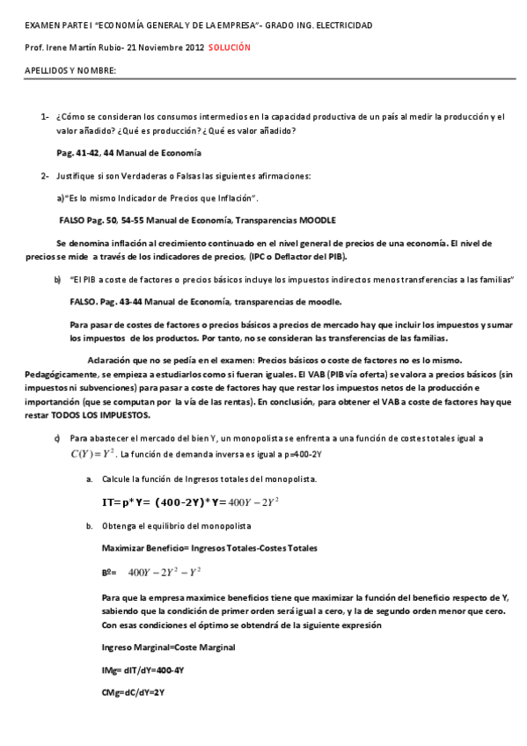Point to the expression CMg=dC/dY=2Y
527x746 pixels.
coord(134,692)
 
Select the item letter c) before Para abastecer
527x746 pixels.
coord(57,437)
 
